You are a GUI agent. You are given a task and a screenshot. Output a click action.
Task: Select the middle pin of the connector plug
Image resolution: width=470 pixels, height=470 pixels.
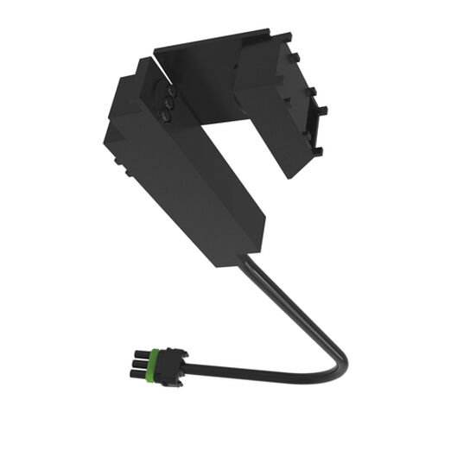point(137,361)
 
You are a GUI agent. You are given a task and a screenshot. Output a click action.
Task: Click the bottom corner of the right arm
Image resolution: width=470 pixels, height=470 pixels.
point(289,176)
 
